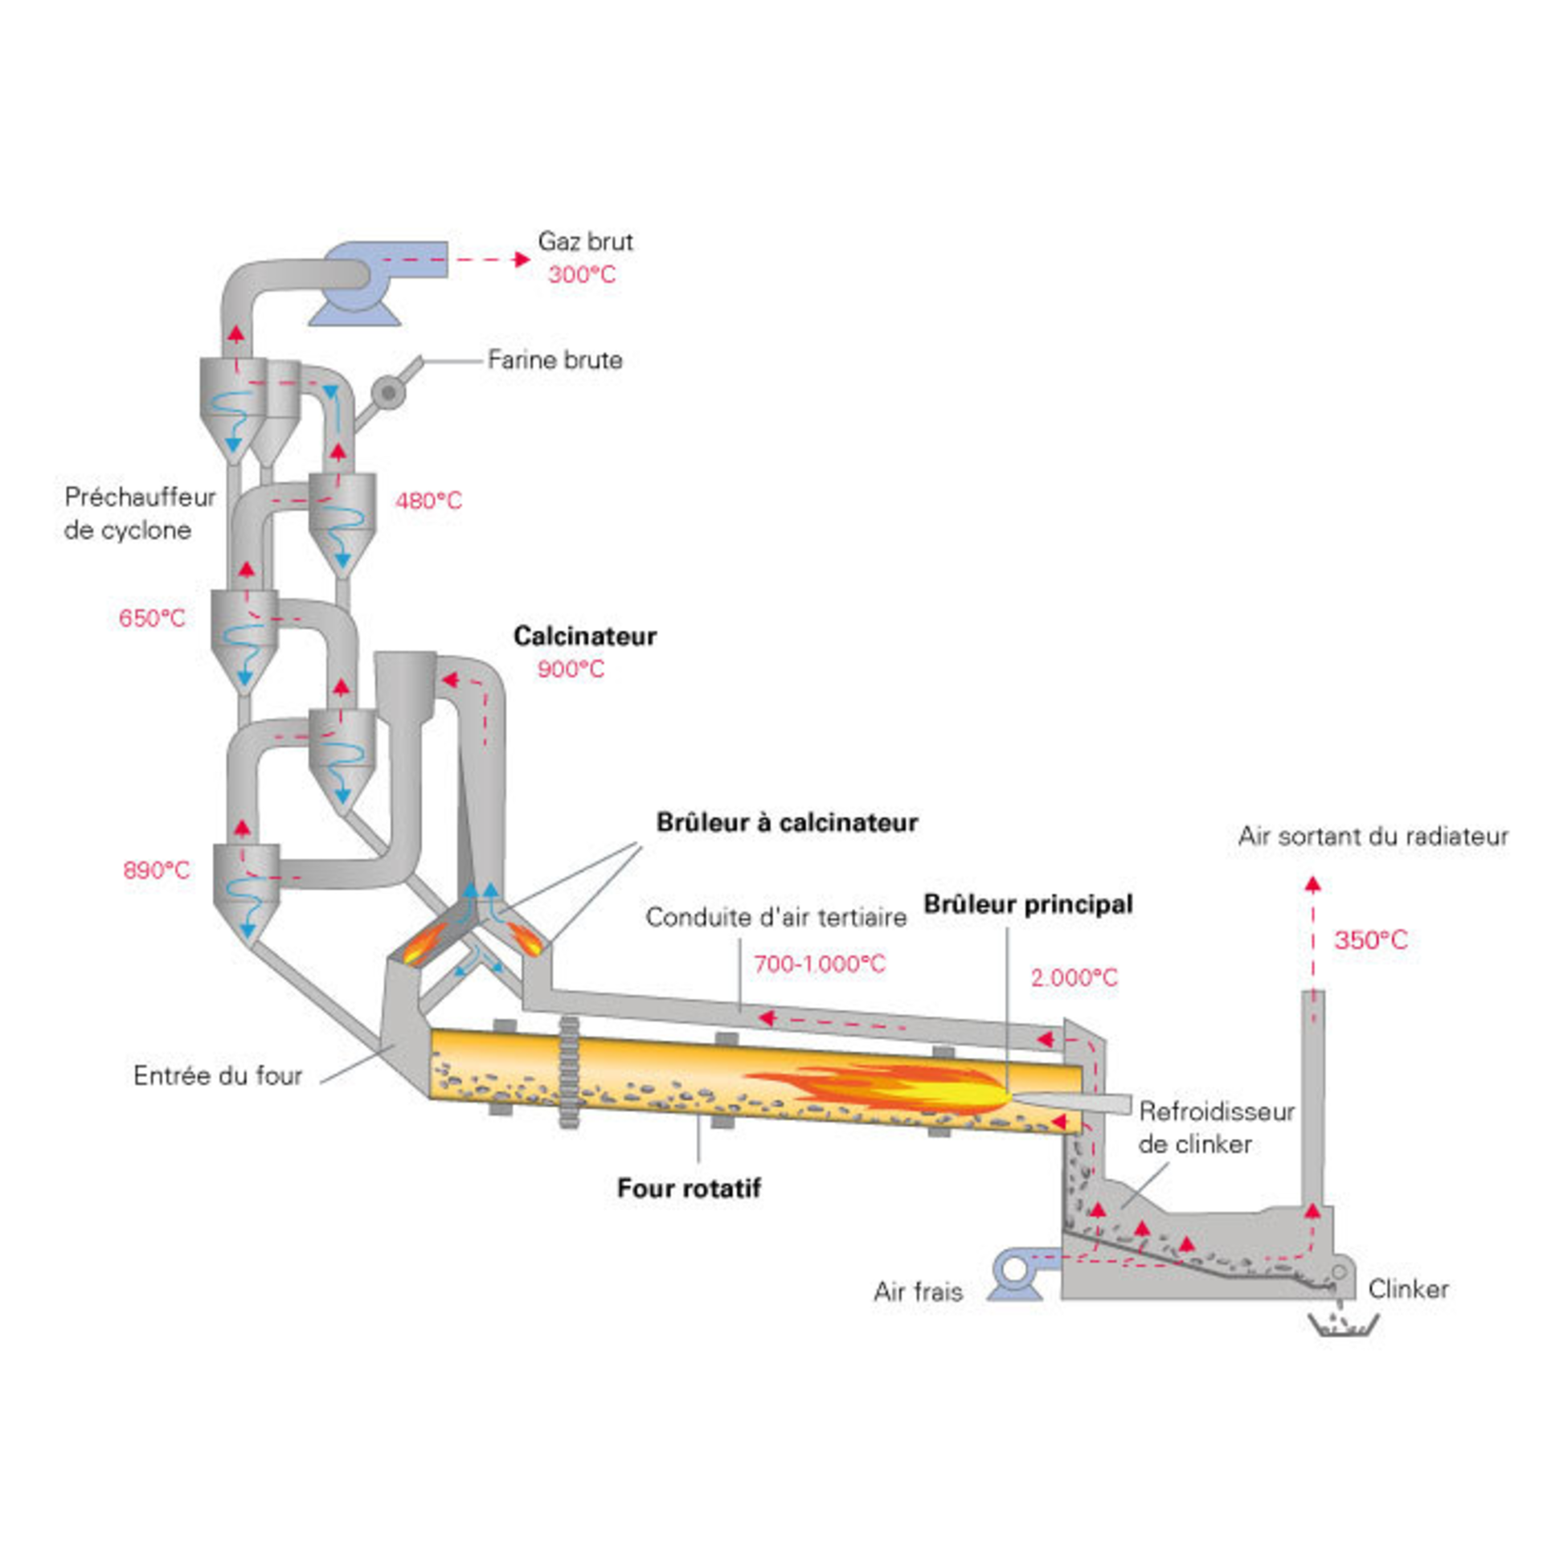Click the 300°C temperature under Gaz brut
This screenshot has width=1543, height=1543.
(x=582, y=275)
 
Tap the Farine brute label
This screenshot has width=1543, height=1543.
(x=555, y=359)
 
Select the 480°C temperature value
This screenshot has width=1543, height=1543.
(x=428, y=501)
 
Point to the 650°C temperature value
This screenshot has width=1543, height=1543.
(x=152, y=618)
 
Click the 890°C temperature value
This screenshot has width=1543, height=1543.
(x=157, y=870)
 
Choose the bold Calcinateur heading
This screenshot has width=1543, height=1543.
(x=585, y=636)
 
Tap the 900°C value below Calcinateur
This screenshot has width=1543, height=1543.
(x=571, y=669)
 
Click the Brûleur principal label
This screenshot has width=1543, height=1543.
(x=1028, y=904)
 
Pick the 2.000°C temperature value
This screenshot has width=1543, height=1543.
(x=1074, y=977)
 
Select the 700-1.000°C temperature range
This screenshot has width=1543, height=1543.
(x=820, y=964)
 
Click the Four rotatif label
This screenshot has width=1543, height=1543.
(x=689, y=1188)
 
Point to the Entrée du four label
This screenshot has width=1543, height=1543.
(x=218, y=1075)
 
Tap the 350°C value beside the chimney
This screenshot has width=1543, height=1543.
(x=1371, y=940)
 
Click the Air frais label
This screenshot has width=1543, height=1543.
(x=918, y=1291)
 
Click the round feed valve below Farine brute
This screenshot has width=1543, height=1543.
(x=389, y=392)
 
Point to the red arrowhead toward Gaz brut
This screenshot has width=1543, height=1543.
(x=522, y=259)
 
